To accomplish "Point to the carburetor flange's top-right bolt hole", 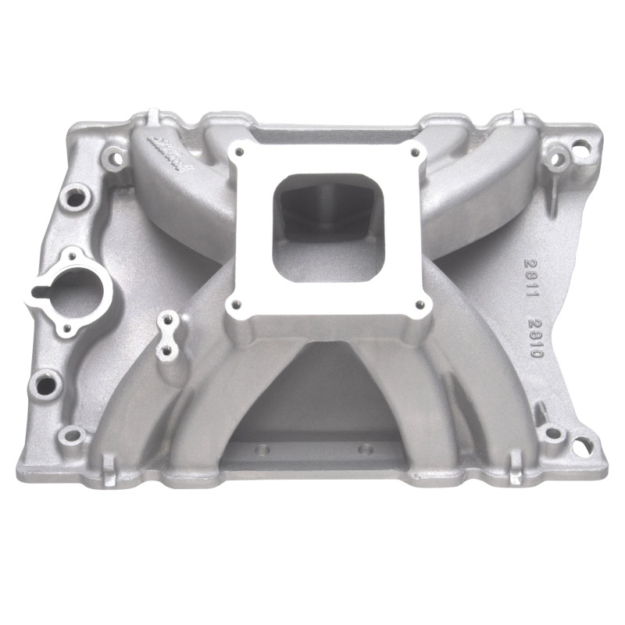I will (x=414, y=152).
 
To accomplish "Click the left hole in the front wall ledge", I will (x=262, y=450).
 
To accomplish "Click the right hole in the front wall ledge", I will (x=362, y=449).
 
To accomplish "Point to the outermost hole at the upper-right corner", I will (x=580, y=145).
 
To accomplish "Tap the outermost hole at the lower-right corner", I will (x=579, y=445).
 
